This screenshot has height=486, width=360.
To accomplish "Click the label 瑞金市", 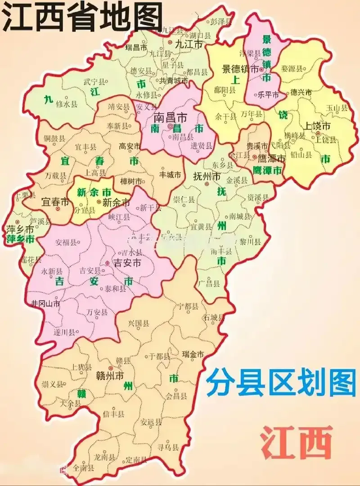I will point(193,354).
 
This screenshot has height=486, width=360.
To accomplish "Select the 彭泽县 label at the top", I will point(222,21).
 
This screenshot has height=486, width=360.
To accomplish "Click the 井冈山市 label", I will point(45,303).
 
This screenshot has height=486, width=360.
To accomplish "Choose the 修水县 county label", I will point(66,104).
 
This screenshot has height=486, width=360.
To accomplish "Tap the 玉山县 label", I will point(337,108).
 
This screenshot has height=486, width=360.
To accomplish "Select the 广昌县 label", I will point(209,283).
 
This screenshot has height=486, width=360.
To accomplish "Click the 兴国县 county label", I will point(138,324).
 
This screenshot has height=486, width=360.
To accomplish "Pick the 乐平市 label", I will point(266,95).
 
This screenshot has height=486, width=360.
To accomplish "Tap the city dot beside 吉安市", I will point(108,263).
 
